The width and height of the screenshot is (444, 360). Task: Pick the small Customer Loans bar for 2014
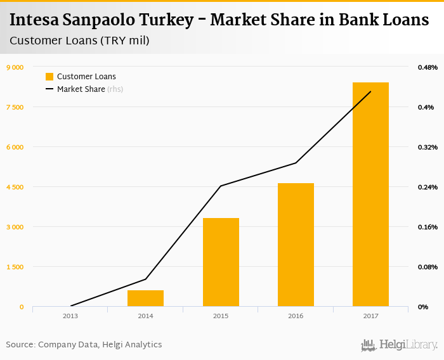(145, 298)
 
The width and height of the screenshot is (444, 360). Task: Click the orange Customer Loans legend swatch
(49, 77)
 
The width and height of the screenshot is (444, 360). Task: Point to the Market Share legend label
(81, 89)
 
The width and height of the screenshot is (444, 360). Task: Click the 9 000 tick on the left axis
(15, 67)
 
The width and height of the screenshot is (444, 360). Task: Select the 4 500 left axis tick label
(15, 187)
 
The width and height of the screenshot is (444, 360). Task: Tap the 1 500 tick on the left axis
(15, 267)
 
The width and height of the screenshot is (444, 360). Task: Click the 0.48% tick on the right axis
(427, 67)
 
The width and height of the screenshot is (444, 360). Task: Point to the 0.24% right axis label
(427, 187)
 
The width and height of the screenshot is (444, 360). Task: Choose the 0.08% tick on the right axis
(427, 267)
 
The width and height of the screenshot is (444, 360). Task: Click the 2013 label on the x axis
(70, 316)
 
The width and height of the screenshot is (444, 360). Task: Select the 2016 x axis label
(296, 316)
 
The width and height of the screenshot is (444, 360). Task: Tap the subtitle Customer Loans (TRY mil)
(79, 41)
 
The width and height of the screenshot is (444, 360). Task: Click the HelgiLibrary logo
(399, 345)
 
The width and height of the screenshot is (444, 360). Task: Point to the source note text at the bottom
(84, 345)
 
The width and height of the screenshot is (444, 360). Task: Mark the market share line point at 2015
(221, 186)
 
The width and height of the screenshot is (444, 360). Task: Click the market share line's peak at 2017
(370, 92)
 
